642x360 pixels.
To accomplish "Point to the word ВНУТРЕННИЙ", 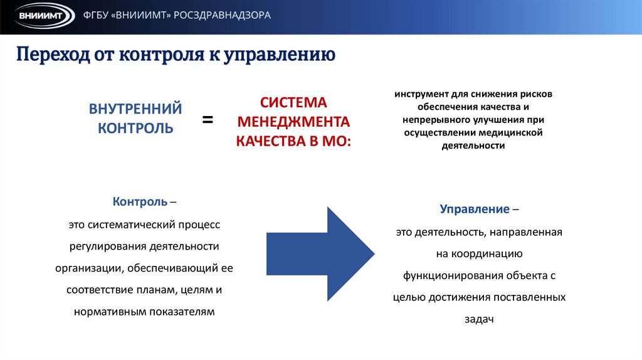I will pyautogui.click(x=135, y=109).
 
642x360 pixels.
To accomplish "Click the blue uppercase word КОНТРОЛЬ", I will pyautogui.click(x=135, y=128).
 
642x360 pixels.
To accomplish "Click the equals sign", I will pyautogui.click(x=208, y=119).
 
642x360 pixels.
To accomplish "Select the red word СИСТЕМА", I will pyautogui.click(x=293, y=102).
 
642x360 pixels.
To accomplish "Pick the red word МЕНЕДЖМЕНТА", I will pyautogui.click(x=293, y=121).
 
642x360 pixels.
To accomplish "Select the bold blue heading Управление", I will pyautogui.click(x=474, y=208).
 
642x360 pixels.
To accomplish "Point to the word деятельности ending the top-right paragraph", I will pyautogui.click(x=473, y=145).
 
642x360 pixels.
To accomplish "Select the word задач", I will pyautogui.click(x=480, y=319).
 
